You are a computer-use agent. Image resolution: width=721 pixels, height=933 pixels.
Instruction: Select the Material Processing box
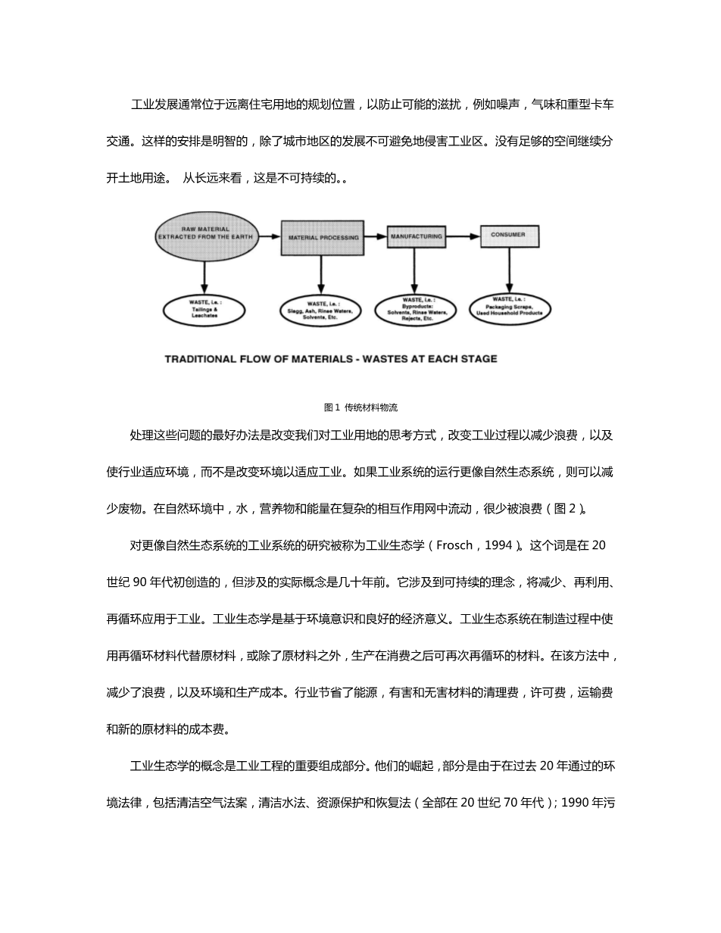pos(323,237)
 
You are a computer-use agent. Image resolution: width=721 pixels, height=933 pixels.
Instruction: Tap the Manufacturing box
pos(416,237)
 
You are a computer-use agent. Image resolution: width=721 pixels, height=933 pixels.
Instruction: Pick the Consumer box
pos(509,236)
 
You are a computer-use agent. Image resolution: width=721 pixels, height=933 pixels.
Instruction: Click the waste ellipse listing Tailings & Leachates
pos(204,309)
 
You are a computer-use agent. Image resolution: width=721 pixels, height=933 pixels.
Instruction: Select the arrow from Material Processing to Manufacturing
pos(375,237)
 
